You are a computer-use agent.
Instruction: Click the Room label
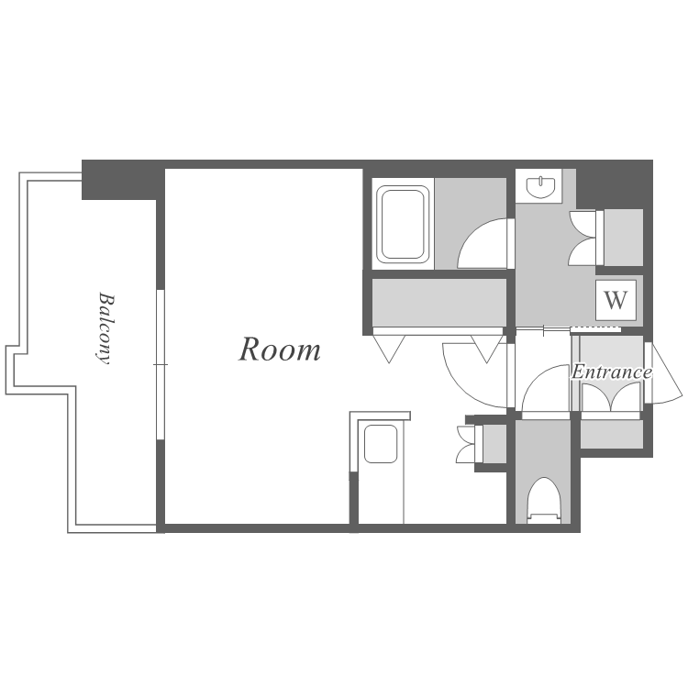[x=280, y=350]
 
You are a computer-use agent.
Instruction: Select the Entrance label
[x=611, y=372]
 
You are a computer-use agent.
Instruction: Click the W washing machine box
[x=616, y=300]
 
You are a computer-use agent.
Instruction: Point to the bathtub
[x=403, y=224]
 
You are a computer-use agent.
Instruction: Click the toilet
[x=544, y=500]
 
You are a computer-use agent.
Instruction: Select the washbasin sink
[x=540, y=187]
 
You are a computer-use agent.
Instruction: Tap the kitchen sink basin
[x=381, y=444]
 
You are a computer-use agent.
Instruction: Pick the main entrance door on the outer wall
[x=662, y=373]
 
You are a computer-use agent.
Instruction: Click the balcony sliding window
[x=161, y=364]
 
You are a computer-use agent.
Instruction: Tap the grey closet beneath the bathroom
[x=439, y=302]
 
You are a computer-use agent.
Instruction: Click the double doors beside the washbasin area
[x=583, y=238]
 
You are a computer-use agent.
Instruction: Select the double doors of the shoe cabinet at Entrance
[x=610, y=396]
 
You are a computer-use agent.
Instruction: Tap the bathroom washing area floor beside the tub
[x=471, y=224]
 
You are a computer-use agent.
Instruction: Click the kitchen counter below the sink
[x=381, y=494]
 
